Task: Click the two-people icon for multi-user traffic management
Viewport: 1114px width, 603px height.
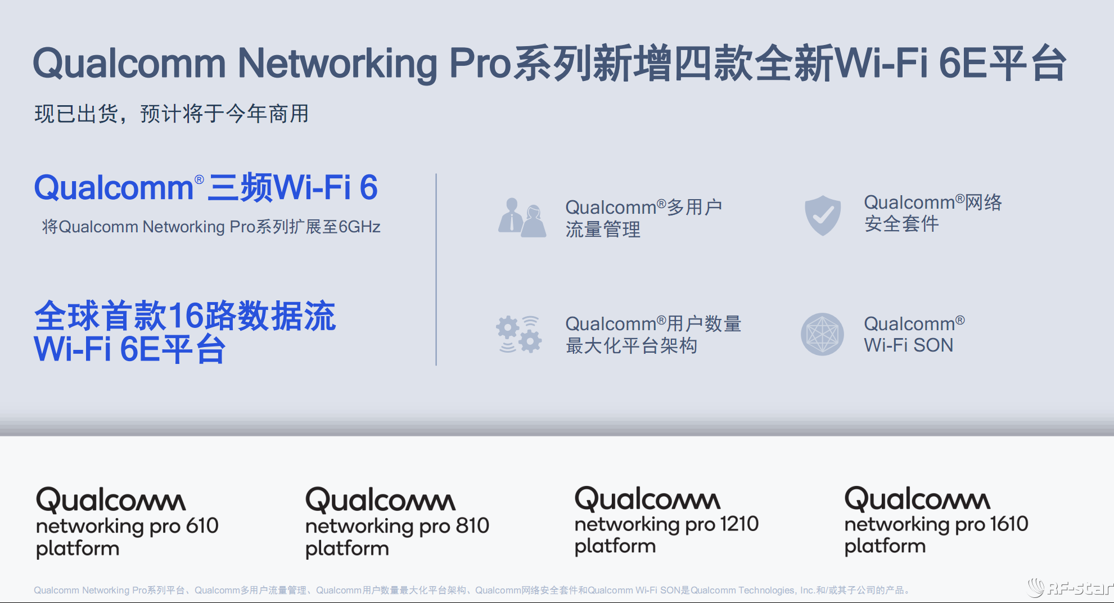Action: [522, 218]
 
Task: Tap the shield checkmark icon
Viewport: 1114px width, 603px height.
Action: [823, 215]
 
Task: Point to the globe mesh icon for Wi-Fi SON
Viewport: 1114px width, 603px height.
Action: [822, 334]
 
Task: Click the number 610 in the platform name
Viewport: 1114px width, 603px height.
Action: [202, 526]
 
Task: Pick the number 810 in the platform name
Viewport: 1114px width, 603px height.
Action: [472, 526]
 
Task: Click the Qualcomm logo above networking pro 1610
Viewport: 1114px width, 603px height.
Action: [917, 499]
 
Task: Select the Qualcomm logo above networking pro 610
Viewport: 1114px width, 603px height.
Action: [111, 500]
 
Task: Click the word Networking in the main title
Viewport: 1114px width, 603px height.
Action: [337, 63]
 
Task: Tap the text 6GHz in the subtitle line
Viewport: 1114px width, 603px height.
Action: [359, 227]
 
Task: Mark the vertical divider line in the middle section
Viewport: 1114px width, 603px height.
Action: [436, 270]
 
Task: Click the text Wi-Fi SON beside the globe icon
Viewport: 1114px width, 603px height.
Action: [908, 345]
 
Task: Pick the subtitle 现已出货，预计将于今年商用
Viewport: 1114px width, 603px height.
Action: [172, 114]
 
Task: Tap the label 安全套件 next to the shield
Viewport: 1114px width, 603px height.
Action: [901, 224]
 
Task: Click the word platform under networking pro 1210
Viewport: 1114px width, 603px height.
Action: [615, 546]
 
